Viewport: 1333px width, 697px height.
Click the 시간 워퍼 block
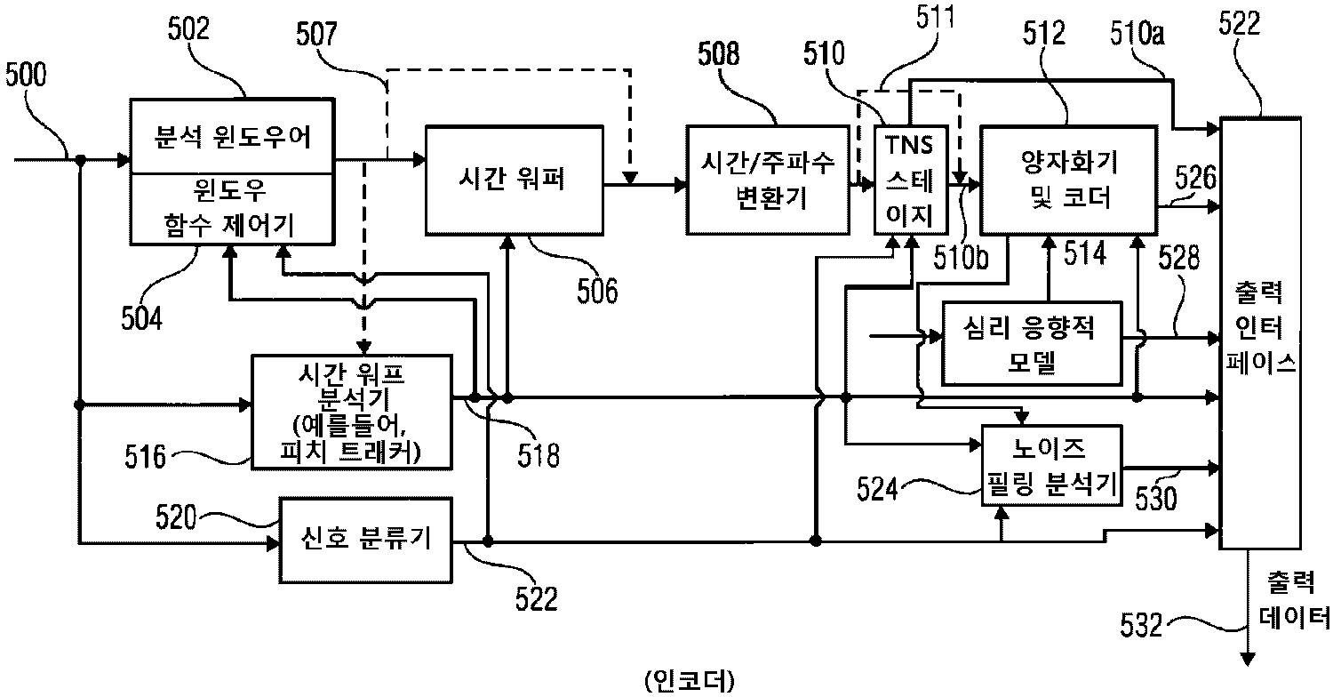514,181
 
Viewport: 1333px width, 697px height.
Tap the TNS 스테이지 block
905,180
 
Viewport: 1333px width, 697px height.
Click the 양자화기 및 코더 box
1068,181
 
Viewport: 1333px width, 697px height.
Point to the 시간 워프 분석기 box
351,411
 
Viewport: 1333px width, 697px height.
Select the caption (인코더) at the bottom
688,679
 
